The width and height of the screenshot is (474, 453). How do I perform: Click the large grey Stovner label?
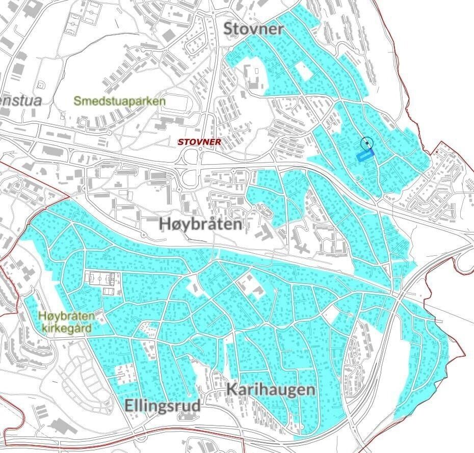pos(254,29)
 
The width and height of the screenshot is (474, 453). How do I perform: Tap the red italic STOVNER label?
pos(199,142)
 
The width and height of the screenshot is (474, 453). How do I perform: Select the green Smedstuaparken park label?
pos(119,101)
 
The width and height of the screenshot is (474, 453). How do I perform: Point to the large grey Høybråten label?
pos(200,223)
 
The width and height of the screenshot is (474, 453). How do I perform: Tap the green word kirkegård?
pos(67,328)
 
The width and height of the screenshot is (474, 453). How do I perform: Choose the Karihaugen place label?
pos(270,390)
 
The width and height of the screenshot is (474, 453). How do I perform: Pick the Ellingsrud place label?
pos(163,406)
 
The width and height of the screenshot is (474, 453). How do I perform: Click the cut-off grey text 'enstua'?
pos(20,100)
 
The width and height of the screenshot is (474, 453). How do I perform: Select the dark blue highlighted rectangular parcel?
pos(365,155)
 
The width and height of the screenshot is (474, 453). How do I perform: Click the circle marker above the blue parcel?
pos(366,144)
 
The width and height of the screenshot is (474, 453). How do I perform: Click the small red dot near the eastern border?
pos(437,152)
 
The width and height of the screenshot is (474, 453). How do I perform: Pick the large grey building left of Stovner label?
pos(168,35)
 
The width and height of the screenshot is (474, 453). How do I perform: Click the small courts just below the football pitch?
pos(108,291)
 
